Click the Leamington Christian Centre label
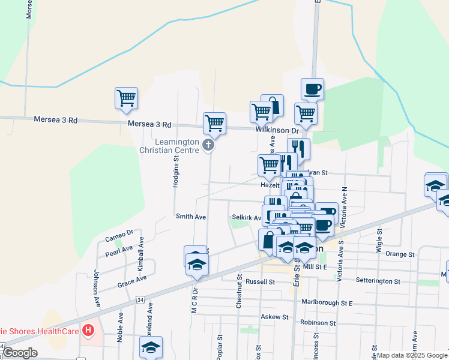176,146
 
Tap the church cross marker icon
208,145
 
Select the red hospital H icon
89,329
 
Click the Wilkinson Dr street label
277,130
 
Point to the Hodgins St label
176,173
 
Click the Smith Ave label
190,216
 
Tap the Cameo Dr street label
119,236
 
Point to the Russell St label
260,281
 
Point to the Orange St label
400,254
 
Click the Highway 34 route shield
140,299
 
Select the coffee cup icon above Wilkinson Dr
312,89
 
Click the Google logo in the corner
20,353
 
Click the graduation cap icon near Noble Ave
151,346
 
